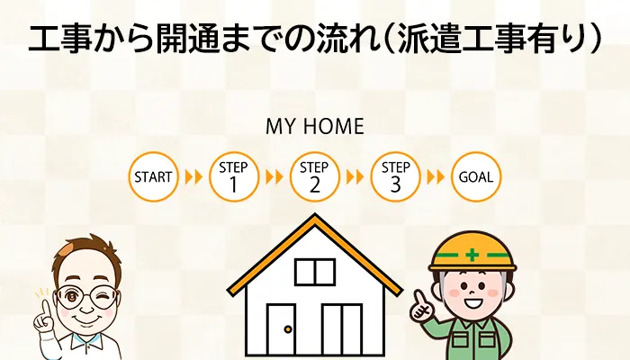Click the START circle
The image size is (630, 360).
153,176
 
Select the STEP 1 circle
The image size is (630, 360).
234,176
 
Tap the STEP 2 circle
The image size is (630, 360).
315,176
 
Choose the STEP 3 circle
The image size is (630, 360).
395,176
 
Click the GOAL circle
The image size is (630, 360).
476,176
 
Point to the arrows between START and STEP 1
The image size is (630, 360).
193,176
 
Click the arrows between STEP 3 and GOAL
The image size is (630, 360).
436,176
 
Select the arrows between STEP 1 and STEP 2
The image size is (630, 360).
274,176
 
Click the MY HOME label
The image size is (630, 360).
315,126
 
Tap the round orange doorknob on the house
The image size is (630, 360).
288,329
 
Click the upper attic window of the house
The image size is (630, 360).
315,273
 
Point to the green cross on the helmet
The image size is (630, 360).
472,255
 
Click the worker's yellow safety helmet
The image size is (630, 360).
472,251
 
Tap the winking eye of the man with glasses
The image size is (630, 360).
101,298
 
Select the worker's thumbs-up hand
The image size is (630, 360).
420,309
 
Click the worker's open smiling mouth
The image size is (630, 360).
472,302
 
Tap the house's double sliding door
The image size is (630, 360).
342,329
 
